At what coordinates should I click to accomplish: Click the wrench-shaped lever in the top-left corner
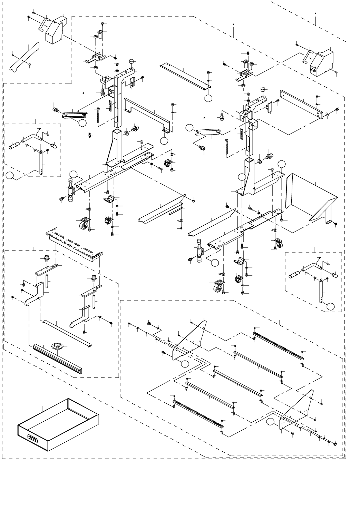[x=23, y=57]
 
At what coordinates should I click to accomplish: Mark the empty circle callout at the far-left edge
[x=11, y=176]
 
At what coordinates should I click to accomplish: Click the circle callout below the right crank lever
[x=331, y=305]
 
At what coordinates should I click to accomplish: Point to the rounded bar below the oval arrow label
[x=57, y=357]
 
